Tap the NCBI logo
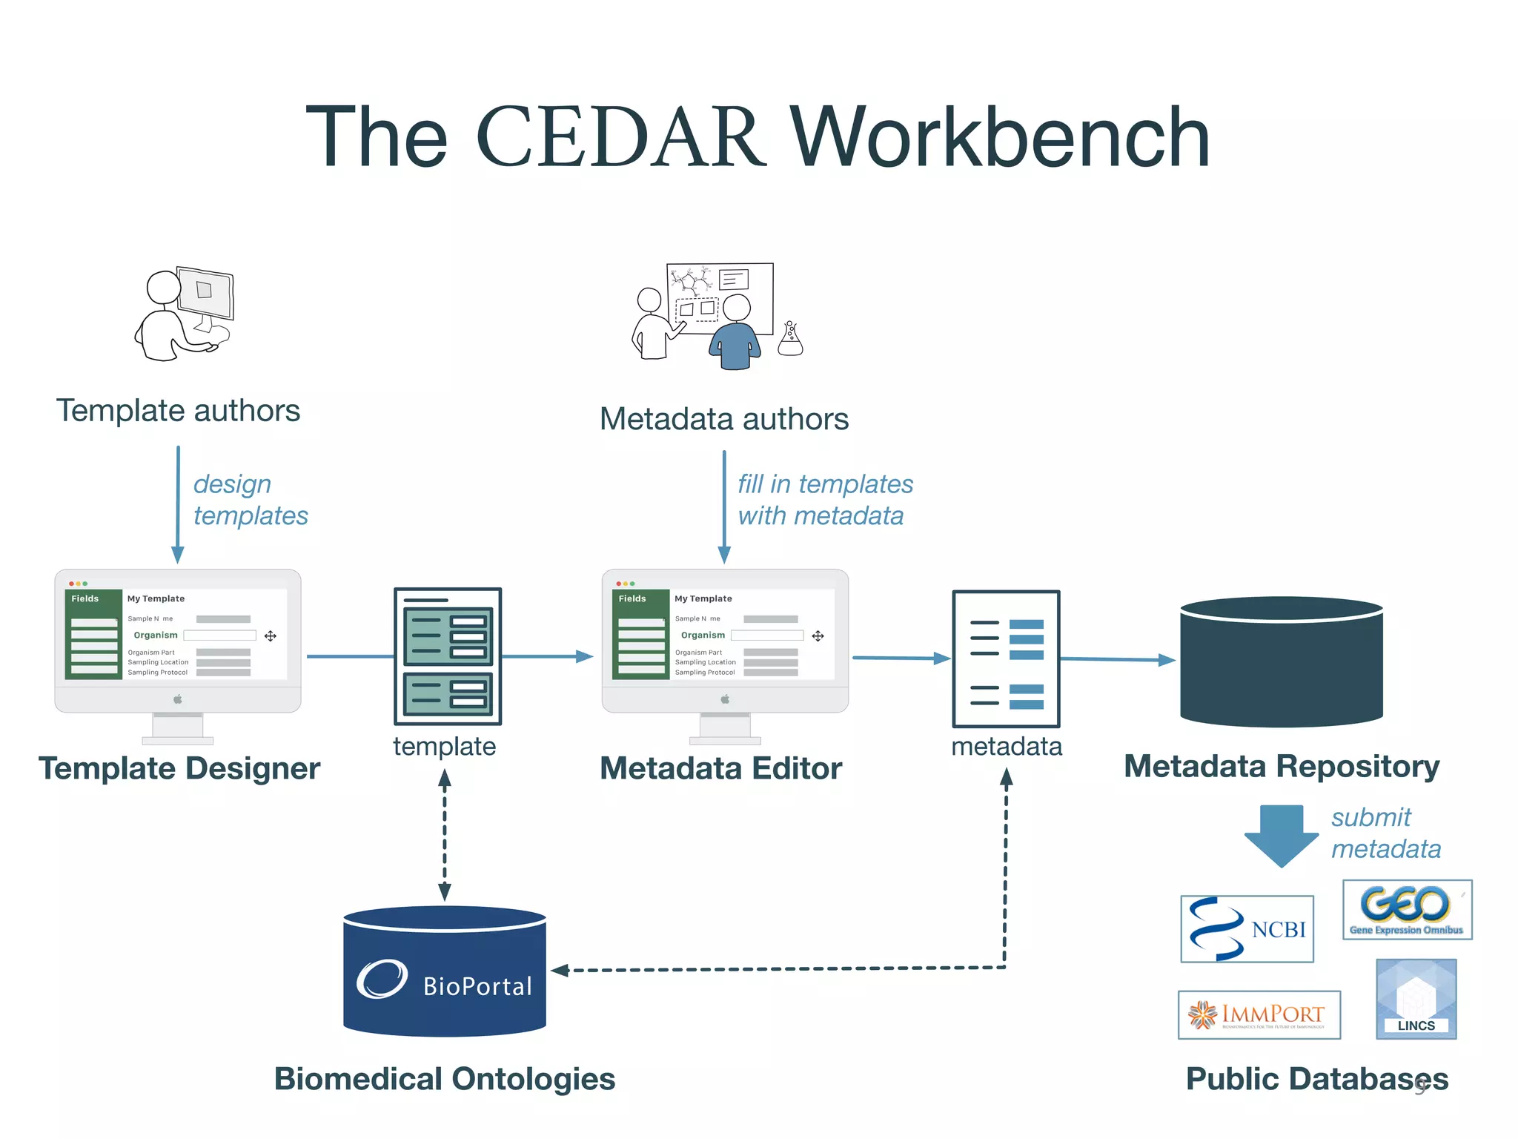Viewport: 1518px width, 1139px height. (x=1247, y=929)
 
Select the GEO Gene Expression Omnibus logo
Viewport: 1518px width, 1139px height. (x=1407, y=910)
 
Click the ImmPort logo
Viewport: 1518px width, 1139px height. (x=1259, y=1014)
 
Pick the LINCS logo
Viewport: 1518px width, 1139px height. (x=1416, y=999)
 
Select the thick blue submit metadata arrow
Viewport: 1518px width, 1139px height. (x=1281, y=834)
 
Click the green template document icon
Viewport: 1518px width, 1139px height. (x=448, y=656)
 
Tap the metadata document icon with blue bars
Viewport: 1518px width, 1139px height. (x=1006, y=658)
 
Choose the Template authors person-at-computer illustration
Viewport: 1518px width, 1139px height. (x=185, y=314)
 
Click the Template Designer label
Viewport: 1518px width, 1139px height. (x=179, y=769)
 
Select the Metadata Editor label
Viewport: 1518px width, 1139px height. (x=720, y=769)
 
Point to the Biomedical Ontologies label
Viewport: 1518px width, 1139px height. (x=445, y=1079)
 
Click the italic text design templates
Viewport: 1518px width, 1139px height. (x=251, y=500)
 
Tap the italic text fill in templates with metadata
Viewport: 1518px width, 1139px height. (x=825, y=500)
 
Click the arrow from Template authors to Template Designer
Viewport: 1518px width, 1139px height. (x=178, y=504)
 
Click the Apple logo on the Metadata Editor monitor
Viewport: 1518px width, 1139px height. (x=725, y=699)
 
